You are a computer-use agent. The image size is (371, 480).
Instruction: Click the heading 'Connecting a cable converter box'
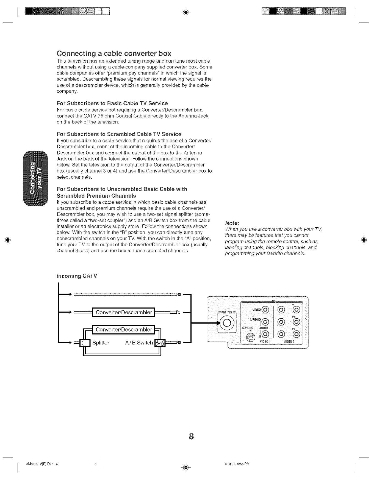[114, 53]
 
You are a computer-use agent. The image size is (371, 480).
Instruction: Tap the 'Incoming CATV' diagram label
[77, 276]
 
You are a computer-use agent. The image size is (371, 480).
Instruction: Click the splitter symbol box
[85, 343]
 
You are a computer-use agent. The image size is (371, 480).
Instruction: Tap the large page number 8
[191, 436]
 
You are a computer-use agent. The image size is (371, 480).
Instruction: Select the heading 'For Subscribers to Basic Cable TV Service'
[112, 103]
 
